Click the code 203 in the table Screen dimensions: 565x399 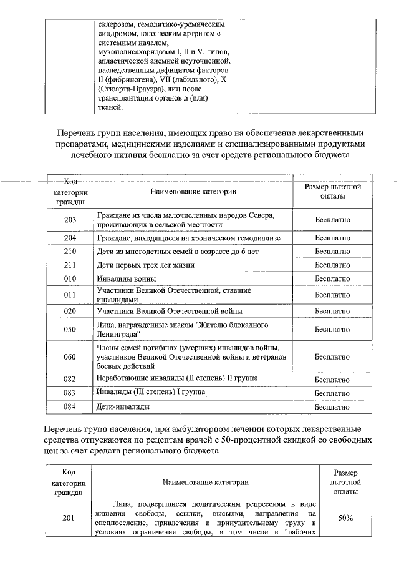tap(70, 220)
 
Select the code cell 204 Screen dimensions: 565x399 tap(70, 238)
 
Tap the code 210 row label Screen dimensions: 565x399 tap(70, 252)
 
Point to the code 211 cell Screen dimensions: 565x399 tap(70, 265)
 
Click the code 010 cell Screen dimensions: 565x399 tap(70, 278)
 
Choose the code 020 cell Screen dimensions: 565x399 tap(70, 311)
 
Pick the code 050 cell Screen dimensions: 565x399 tap(70, 330)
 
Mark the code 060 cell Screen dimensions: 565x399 tap(70, 356)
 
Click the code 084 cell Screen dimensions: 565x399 tap(70, 407)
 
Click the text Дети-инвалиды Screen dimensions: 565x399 tap(123, 407)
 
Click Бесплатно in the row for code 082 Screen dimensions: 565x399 tap(332, 380)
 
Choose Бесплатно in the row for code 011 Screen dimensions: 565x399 tap(332, 295)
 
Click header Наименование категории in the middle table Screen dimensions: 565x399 tap(193, 192)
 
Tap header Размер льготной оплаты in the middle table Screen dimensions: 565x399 tap(332, 192)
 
